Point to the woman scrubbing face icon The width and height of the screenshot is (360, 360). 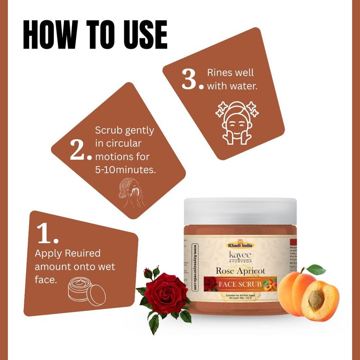click(x=131, y=194)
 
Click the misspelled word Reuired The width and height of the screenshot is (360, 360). click(x=82, y=253)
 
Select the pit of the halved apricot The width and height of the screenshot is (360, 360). click(x=316, y=300)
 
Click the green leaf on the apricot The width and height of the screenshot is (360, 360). click(x=316, y=270)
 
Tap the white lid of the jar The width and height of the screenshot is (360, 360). click(x=240, y=211)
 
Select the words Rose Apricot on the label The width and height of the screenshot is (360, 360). click(x=240, y=271)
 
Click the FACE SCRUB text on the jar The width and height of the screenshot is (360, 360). click(x=240, y=284)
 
